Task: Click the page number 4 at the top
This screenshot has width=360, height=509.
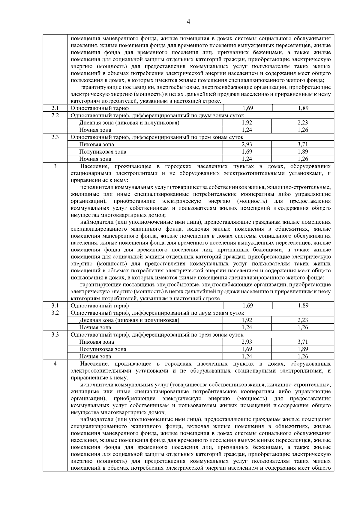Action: (188, 22)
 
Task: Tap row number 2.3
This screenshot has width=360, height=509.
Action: (55, 137)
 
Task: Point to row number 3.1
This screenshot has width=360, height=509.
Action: (55, 306)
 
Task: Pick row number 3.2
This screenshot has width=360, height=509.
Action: (55, 313)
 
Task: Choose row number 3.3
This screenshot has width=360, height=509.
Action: (55, 334)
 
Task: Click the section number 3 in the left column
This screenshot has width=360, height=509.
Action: (55, 166)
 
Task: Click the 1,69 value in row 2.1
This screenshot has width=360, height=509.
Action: (247, 108)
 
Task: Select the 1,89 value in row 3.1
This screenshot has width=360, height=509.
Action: (303, 306)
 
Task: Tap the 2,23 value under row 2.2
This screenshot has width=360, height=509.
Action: (303, 123)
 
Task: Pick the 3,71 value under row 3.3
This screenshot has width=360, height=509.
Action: (303, 342)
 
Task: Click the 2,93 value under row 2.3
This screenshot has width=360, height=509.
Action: (247, 145)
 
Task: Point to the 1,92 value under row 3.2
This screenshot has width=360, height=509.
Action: (247, 320)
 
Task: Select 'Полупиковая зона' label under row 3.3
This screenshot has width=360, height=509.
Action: (103, 349)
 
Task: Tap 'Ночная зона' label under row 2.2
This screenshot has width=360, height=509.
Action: (95, 130)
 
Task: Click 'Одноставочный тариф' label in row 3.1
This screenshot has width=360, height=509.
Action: (100, 306)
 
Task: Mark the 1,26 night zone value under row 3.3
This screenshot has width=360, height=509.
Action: (303, 356)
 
